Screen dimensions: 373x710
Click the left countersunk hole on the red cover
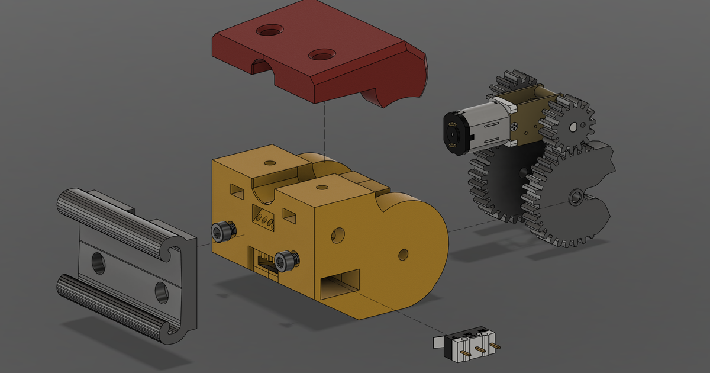click(269, 30)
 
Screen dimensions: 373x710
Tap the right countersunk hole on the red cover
click(321, 56)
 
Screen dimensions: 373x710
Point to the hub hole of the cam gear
click(576, 197)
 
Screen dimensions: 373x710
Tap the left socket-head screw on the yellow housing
click(222, 232)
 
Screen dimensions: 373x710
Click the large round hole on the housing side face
click(338, 234)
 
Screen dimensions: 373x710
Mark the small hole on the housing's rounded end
click(403, 255)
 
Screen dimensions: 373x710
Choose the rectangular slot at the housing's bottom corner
click(340, 284)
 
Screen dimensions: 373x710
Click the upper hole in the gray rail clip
click(95, 262)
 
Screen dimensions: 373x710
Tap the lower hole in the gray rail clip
click(161, 291)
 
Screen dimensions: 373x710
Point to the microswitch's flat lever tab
click(438, 342)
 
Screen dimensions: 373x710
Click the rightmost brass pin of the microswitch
click(496, 345)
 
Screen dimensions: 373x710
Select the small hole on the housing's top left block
click(270, 162)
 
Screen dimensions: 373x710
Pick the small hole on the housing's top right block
click(322, 188)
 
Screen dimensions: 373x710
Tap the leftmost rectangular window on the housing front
click(235, 191)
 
